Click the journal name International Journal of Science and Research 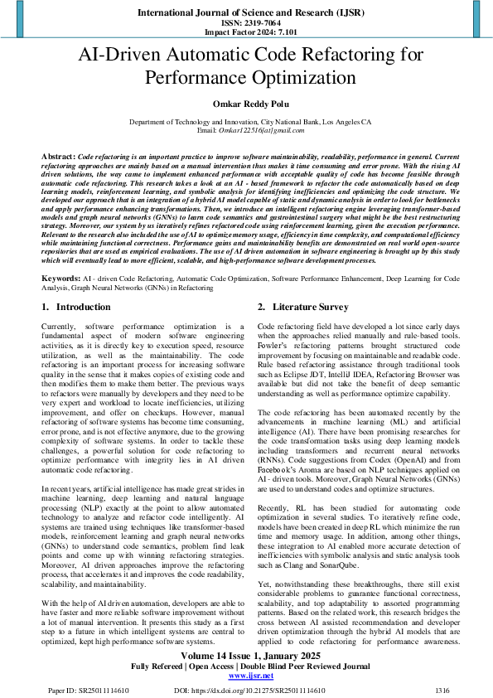246,14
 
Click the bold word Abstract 58,156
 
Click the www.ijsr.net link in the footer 246,676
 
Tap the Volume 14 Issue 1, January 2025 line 246,654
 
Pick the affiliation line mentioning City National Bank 246,122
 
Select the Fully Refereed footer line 246,666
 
